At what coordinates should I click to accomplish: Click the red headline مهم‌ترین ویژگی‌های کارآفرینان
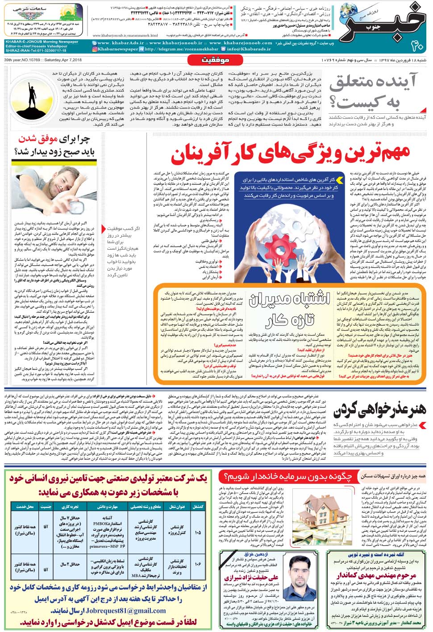(290, 154)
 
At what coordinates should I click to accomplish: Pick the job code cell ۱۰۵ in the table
(197, 532)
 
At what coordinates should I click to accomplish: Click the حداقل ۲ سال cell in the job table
(70, 564)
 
